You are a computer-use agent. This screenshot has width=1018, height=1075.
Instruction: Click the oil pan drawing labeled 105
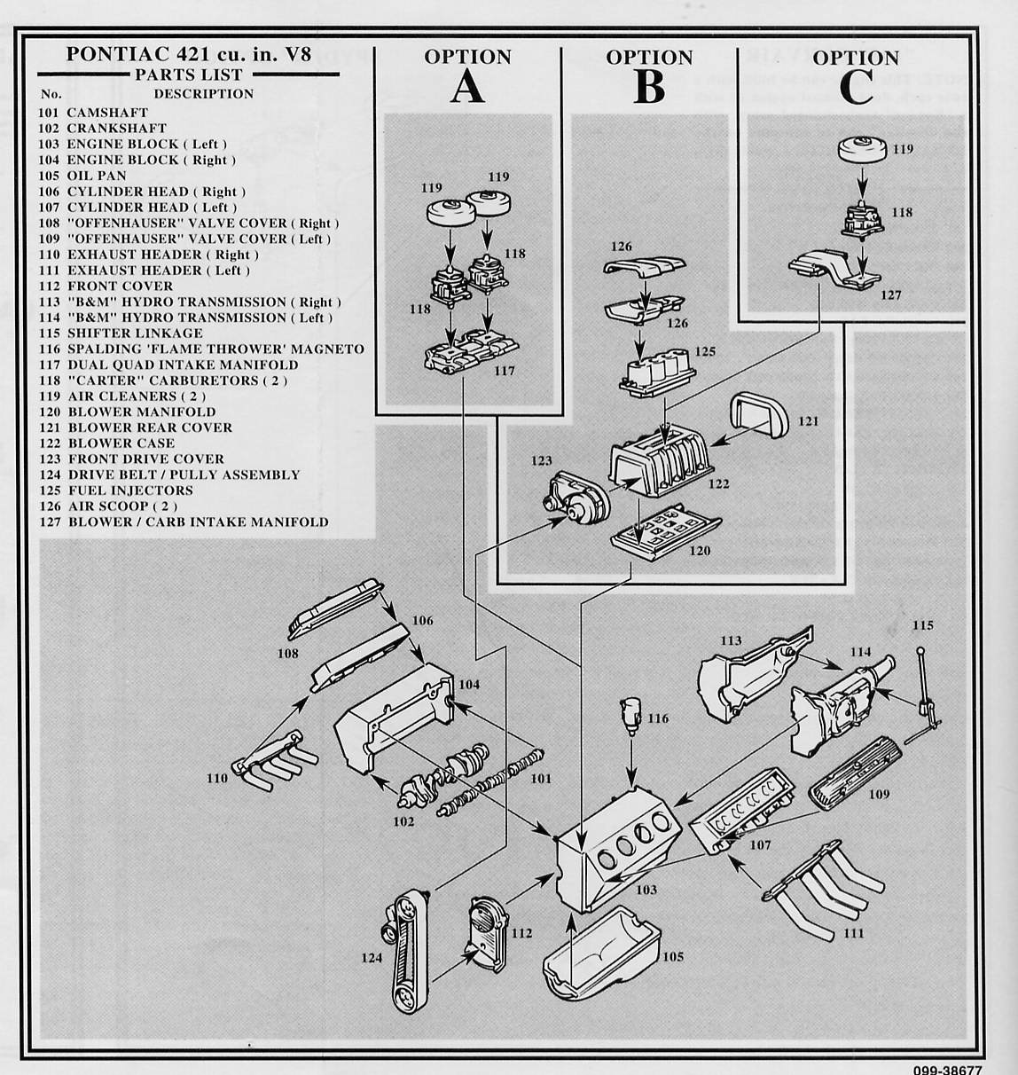click(x=601, y=953)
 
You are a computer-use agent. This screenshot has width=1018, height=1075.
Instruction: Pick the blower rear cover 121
click(x=758, y=416)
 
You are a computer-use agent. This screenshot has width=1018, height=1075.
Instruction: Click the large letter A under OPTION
click(x=467, y=87)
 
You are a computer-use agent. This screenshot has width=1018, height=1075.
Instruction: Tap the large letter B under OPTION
click(x=649, y=88)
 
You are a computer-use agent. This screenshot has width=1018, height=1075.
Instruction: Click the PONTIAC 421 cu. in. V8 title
click(x=188, y=53)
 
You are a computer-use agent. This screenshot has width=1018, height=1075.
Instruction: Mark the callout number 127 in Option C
click(x=890, y=294)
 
